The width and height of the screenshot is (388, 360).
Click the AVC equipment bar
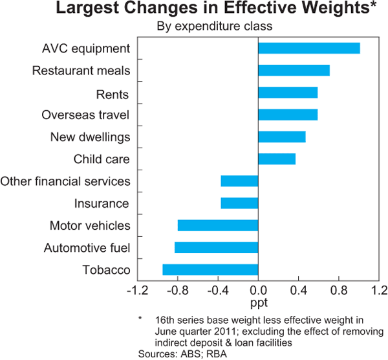308,49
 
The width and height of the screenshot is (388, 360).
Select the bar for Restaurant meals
294,71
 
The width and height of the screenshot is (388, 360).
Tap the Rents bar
288,93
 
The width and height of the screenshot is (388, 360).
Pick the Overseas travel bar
288,115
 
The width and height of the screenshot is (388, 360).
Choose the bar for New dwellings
281,137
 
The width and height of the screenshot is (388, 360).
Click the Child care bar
277,159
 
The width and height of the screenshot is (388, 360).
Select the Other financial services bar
239,181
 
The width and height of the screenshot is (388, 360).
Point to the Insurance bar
239,203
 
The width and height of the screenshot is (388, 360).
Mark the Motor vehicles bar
218,225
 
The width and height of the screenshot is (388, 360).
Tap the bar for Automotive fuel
216,247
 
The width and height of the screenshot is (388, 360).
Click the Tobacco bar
210,269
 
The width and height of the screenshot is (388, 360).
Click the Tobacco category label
107,270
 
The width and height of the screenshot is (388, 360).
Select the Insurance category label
102,204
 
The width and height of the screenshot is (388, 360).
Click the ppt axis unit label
258,302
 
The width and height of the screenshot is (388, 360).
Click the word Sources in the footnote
156,354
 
